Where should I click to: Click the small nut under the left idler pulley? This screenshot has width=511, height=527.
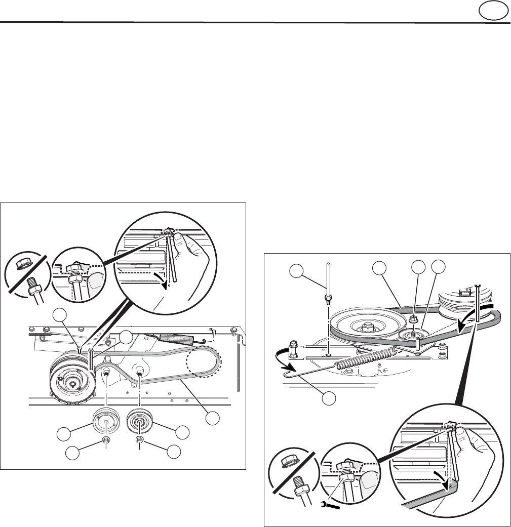(106, 440)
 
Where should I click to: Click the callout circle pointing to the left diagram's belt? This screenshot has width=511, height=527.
(214, 418)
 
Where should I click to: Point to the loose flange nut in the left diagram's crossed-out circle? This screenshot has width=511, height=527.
(23, 264)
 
